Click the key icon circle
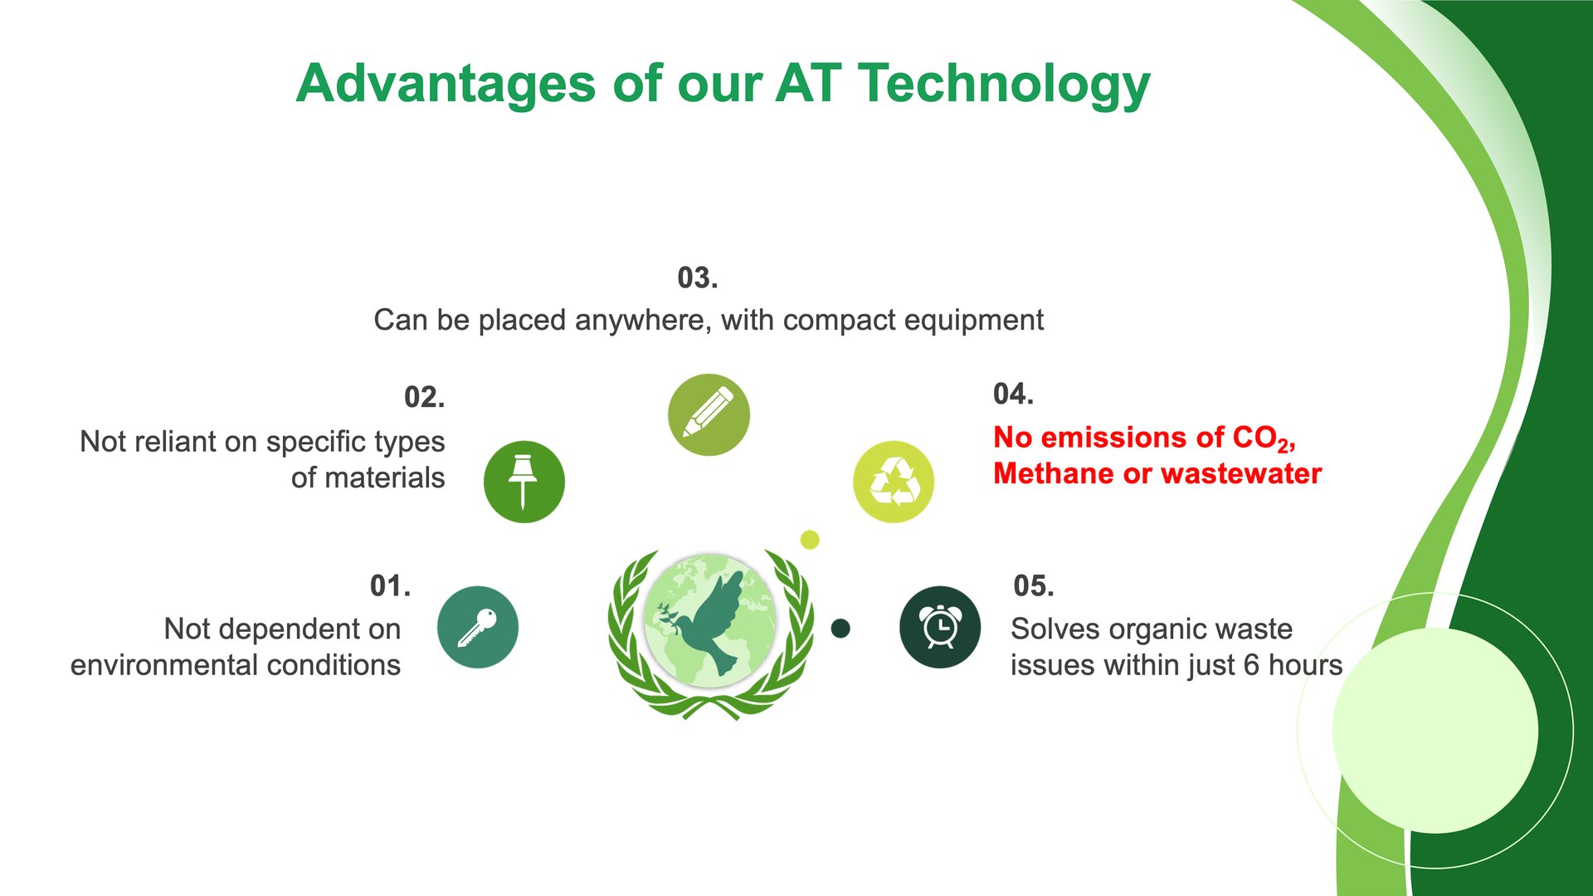478,627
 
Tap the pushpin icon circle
524,482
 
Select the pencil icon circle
709,414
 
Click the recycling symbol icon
894,482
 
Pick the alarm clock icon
940,627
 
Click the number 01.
390,586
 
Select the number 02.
424,398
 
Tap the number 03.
698,278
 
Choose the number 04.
1013,394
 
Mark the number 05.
1034,586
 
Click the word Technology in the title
1004,85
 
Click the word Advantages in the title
446,84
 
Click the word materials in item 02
385,478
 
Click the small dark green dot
840,628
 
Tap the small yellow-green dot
810,540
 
